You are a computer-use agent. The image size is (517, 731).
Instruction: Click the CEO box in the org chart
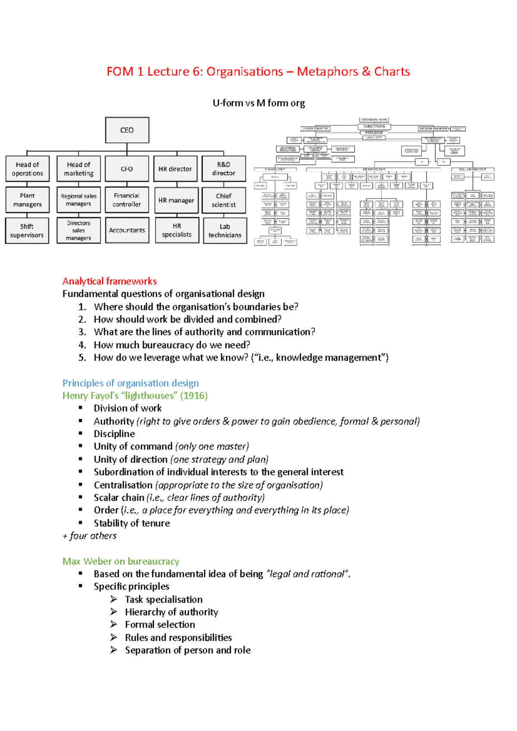click(127, 130)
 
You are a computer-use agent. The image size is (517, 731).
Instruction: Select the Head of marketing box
click(78, 169)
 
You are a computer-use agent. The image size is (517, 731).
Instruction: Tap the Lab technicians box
click(224, 231)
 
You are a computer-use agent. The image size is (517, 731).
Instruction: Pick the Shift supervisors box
click(27, 231)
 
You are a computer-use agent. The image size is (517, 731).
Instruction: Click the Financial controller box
click(127, 200)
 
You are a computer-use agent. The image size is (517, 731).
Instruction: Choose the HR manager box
click(176, 200)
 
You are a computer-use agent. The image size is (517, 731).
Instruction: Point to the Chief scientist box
click(224, 200)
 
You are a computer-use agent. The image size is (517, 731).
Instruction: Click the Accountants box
click(127, 230)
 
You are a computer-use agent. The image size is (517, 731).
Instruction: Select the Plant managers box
click(27, 200)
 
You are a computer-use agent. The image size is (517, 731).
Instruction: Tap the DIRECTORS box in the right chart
click(374, 127)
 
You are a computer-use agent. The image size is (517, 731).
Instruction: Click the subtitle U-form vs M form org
click(258, 103)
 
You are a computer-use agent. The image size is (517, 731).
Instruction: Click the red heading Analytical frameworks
click(109, 281)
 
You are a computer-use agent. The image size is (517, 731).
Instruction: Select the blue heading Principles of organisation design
click(131, 383)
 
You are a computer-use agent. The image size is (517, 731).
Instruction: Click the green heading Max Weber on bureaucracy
click(121, 561)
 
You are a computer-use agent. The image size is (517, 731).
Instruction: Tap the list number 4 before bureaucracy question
click(82, 345)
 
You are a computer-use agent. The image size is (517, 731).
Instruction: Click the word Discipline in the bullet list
click(114, 434)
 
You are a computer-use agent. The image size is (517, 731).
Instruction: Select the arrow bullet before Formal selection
click(114, 624)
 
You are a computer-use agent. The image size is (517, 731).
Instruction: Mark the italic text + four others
click(90, 536)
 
